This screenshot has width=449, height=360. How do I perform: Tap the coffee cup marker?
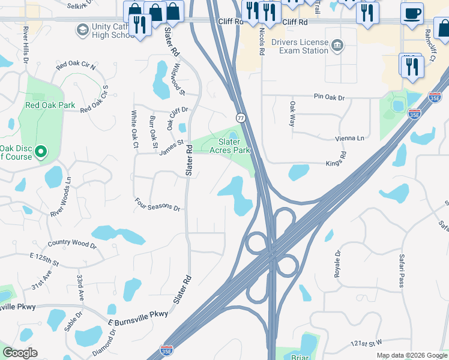412,14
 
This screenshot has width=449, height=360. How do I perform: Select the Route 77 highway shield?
240,118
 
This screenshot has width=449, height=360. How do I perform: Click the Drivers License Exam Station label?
300,47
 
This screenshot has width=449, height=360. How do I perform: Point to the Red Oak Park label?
50,105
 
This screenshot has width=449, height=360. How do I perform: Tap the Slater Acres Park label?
229,146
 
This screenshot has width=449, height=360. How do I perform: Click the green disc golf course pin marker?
41,151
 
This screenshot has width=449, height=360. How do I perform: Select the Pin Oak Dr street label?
329,97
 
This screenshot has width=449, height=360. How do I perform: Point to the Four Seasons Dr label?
158,205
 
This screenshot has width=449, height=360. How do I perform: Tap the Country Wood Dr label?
72,244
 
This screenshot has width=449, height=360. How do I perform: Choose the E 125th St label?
44,259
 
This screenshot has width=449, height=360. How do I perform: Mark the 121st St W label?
366,343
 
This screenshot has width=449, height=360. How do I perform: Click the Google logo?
20,353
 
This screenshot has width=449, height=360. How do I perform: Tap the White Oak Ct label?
134,129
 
